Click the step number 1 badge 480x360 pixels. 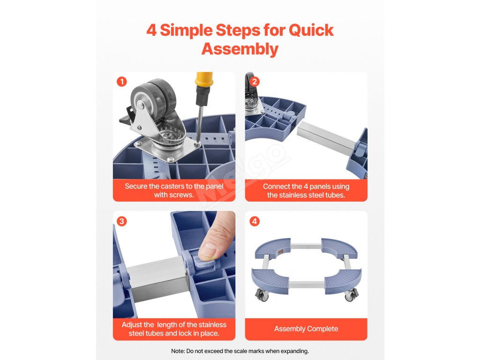click(x=122, y=82)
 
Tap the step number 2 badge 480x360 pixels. click(x=255, y=82)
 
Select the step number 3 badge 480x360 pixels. click(x=122, y=221)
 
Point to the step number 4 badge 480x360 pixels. click(x=255, y=221)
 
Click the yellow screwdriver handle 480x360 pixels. click(x=204, y=80)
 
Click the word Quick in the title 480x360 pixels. click(x=311, y=30)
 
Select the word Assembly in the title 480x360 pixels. click(x=240, y=49)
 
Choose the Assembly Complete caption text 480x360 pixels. click(x=306, y=329)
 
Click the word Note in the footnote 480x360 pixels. click(x=178, y=351)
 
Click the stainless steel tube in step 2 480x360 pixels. click(x=327, y=136)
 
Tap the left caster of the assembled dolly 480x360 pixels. click(x=262, y=295)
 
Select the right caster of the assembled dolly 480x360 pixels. click(x=351, y=295)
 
